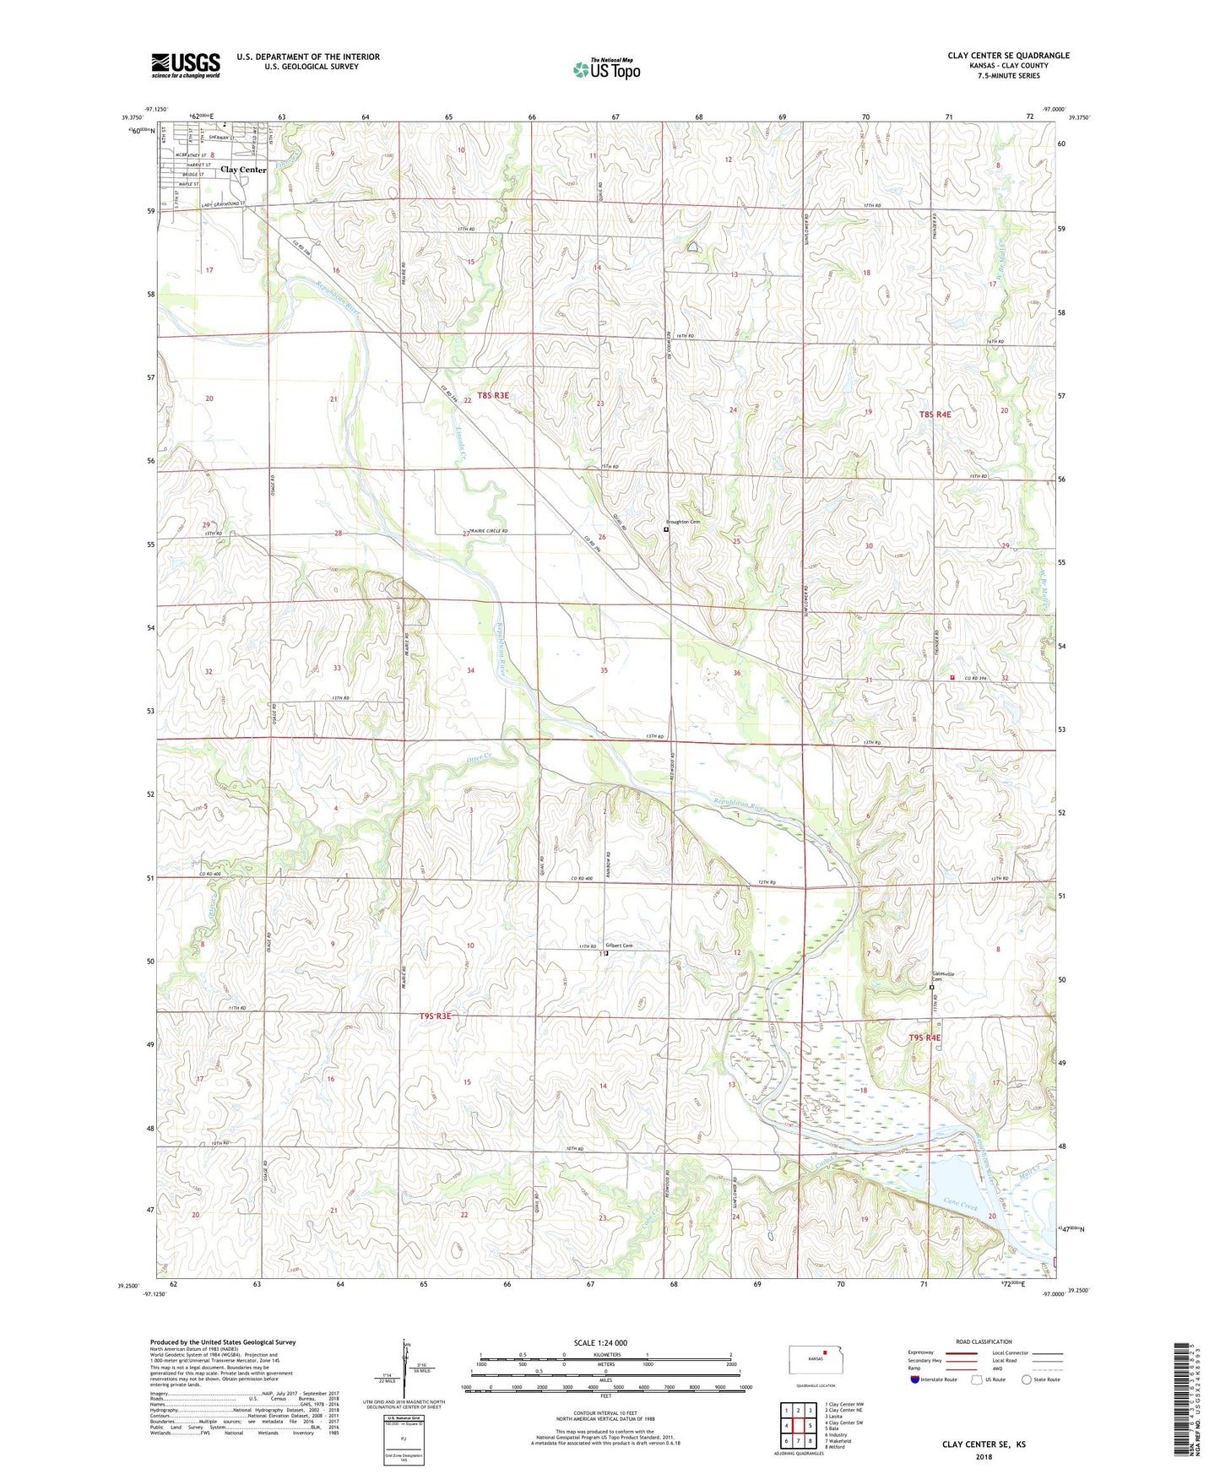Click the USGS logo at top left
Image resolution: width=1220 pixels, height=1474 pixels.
click(x=185, y=65)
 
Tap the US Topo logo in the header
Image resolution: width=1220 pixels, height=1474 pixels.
click(x=606, y=69)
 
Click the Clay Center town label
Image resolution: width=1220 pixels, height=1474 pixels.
click(x=243, y=170)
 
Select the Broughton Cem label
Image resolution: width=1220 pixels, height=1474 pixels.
click(x=683, y=522)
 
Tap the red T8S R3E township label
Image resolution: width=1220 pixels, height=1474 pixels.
click(x=493, y=395)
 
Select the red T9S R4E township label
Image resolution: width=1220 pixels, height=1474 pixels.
click(x=924, y=1038)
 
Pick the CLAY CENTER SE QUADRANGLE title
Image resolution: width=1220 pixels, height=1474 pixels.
click(x=1008, y=56)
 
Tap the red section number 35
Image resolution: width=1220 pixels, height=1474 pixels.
click(x=604, y=670)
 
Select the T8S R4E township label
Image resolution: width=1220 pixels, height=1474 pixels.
click(x=935, y=415)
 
